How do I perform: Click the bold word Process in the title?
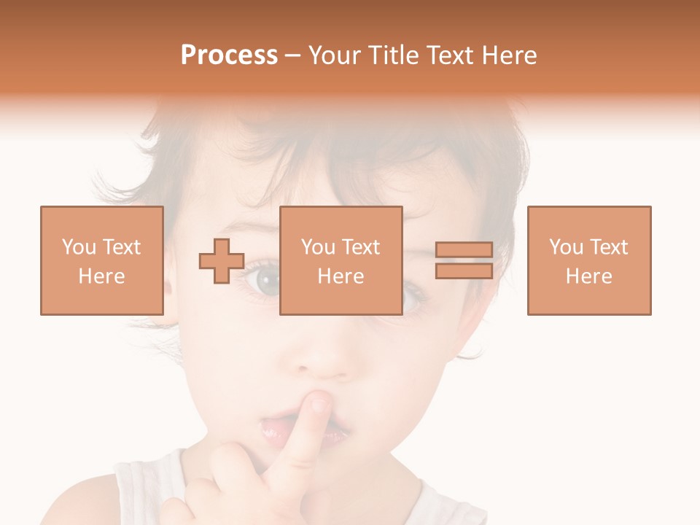[x=229, y=55]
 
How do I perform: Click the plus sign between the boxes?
[x=222, y=260]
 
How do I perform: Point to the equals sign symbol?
[x=464, y=260]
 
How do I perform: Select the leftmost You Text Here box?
[x=101, y=260]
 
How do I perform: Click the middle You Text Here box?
[x=341, y=260]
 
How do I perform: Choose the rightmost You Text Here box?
[x=588, y=260]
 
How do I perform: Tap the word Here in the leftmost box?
[x=101, y=276]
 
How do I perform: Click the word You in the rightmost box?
[x=566, y=247]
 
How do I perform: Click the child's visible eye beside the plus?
[x=263, y=278]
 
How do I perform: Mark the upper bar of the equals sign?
[x=464, y=250]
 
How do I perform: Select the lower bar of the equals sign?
[x=464, y=271]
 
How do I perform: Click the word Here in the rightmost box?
[x=588, y=276]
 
